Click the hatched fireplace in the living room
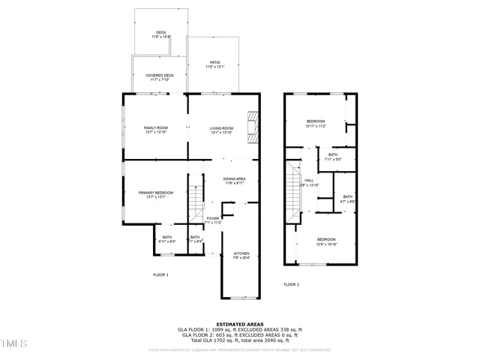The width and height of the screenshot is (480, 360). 254,127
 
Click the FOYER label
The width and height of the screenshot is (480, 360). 213,220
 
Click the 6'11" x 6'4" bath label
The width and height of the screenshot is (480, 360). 166,239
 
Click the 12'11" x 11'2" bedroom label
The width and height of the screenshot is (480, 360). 315,123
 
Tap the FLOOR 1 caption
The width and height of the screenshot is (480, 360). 160,275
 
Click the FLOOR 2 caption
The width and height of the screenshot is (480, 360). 291,285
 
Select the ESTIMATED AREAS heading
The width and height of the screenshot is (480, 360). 239,324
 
